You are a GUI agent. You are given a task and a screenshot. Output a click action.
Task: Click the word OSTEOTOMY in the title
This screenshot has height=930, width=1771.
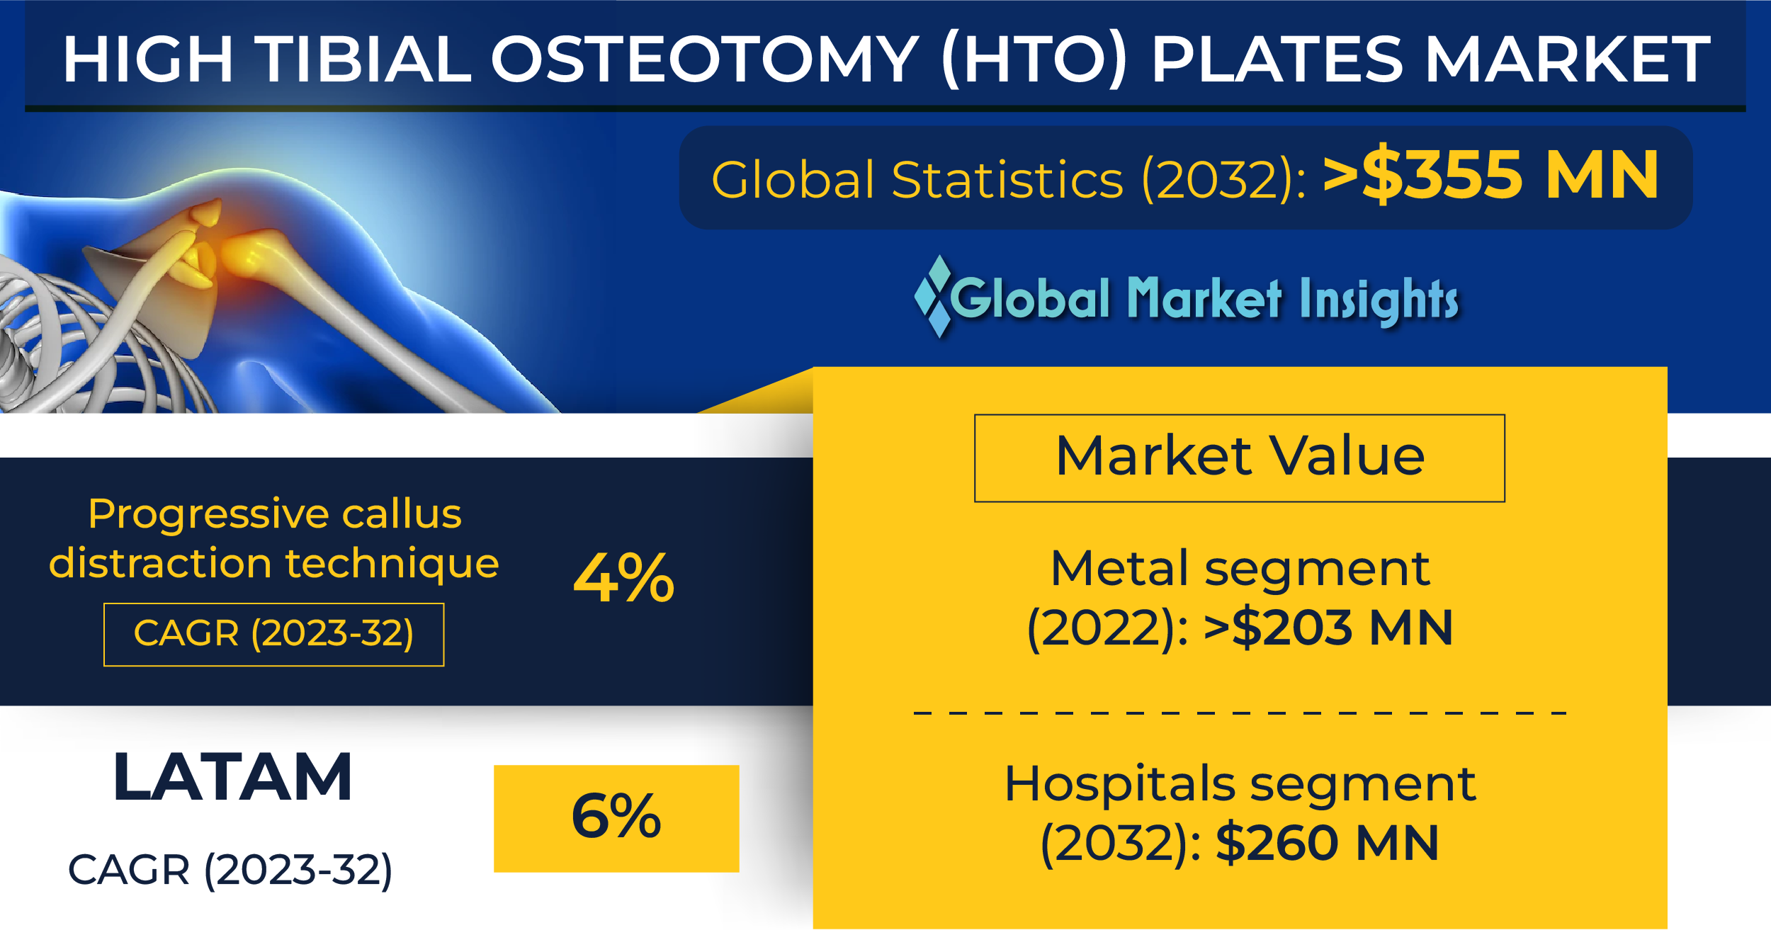705,59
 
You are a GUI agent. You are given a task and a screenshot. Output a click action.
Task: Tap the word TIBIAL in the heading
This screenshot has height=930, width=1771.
363,59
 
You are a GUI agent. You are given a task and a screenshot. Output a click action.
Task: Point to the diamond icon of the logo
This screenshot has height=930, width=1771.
933,296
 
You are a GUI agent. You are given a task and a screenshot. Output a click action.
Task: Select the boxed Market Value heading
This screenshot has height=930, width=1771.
1240,457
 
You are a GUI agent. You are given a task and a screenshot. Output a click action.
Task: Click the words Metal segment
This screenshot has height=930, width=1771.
1240,569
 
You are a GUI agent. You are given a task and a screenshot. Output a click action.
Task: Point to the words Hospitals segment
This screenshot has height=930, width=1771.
1240,784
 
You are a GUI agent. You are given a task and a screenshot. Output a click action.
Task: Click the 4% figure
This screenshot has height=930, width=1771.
623,578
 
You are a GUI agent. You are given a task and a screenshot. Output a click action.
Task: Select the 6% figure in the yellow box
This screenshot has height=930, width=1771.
616,816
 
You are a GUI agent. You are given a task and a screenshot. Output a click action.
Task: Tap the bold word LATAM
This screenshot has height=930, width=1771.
232,778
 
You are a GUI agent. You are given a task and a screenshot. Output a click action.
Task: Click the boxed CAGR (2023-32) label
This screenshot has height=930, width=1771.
273,634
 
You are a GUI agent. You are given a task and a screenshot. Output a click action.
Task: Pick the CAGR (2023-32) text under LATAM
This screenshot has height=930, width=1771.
230,871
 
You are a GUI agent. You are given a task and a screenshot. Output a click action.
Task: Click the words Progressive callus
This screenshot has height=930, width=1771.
274,514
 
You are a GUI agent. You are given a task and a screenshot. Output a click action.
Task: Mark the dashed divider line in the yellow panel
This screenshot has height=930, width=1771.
1240,713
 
